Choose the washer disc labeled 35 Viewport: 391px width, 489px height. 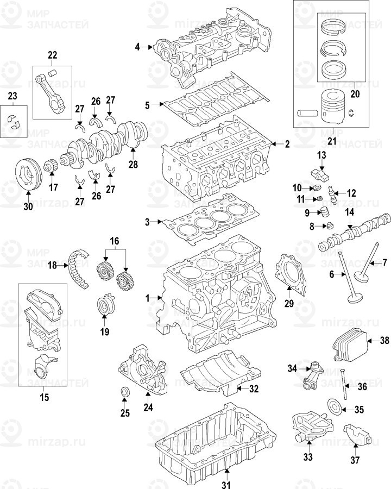335,406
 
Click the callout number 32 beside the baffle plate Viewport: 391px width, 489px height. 253,389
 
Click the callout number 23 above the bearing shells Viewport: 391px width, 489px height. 12,96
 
